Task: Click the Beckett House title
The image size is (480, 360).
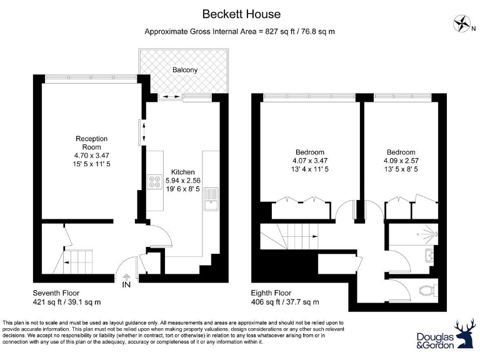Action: [241, 14]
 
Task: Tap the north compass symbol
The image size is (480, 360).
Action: [462, 23]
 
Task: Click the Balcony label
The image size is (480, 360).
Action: [185, 70]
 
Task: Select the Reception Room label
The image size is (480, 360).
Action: [91, 142]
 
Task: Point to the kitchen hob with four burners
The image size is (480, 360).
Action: [155, 181]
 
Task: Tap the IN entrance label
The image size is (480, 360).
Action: [126, 284]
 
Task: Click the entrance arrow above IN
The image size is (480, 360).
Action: [126, 277]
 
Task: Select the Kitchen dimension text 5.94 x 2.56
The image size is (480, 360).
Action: [183, 181]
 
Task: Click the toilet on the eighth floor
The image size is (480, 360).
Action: [428, 290]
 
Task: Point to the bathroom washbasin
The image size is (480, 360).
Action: [430, 255]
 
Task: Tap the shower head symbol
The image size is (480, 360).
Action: [436, 234]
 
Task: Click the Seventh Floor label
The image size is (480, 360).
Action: [56, 293]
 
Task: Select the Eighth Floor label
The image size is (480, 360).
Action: [271, 293]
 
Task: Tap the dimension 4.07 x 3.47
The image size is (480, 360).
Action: [310, 161]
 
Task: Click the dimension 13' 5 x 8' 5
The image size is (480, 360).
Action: [401, 169]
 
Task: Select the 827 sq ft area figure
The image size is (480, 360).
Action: [277, 31]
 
